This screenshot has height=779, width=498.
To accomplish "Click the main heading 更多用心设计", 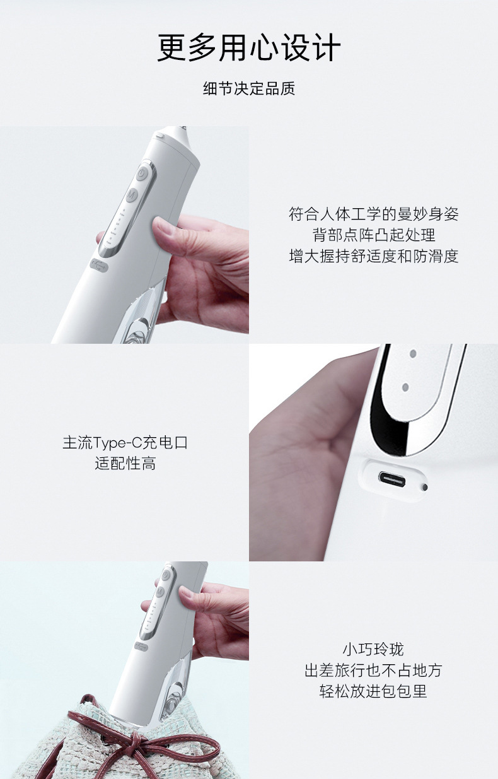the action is click(x=249, y=48).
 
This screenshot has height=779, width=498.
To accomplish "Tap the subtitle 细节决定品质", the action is click(x=249, y=89).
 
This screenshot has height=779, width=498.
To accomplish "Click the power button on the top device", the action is click(x=141, y=173).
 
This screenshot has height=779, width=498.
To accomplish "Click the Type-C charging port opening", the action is click(x=391, y=480).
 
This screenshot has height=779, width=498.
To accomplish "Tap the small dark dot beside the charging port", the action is click(x=424, y=487).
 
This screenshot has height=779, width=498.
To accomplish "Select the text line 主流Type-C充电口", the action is click(x=125, y=443).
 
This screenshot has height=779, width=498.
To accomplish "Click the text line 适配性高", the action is click(x=125, y=464).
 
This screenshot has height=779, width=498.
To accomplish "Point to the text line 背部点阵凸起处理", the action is click(x=374, y=235).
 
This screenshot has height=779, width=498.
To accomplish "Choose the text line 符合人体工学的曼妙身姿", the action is click(x=374, y=214).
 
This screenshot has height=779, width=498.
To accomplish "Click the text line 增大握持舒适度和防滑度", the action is click(x=374, y=256).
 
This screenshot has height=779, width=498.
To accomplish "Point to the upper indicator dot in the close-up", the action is click(x=413, y=354).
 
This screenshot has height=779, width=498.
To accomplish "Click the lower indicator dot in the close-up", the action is click(x=404, y=387).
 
